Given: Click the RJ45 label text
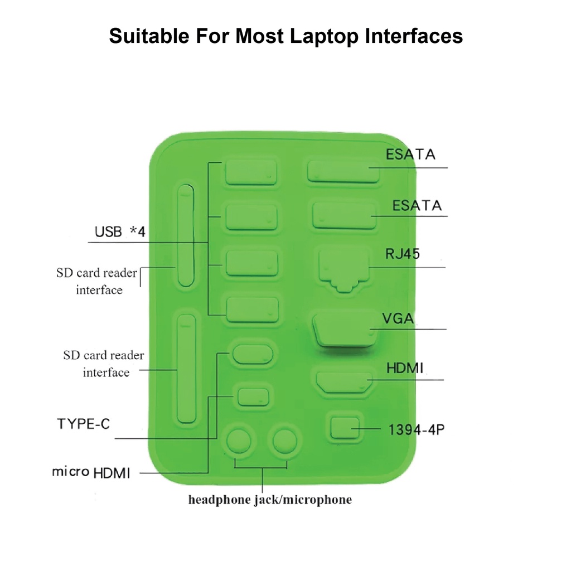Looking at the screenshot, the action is point(403,254).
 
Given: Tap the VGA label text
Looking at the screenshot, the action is point(398,319).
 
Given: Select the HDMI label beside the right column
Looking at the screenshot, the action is point(405,369).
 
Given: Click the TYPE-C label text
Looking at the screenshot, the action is point(84,424).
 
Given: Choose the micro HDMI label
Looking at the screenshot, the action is point(91,472).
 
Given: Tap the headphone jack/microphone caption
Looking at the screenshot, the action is point(270,500).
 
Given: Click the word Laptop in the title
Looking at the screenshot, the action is point(318,36).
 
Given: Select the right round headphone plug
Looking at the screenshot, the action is point(285,441).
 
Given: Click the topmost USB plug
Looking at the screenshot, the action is point(251,173).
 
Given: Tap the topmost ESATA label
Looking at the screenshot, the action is point(410,154).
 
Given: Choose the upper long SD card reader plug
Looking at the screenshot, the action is point(185,235).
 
